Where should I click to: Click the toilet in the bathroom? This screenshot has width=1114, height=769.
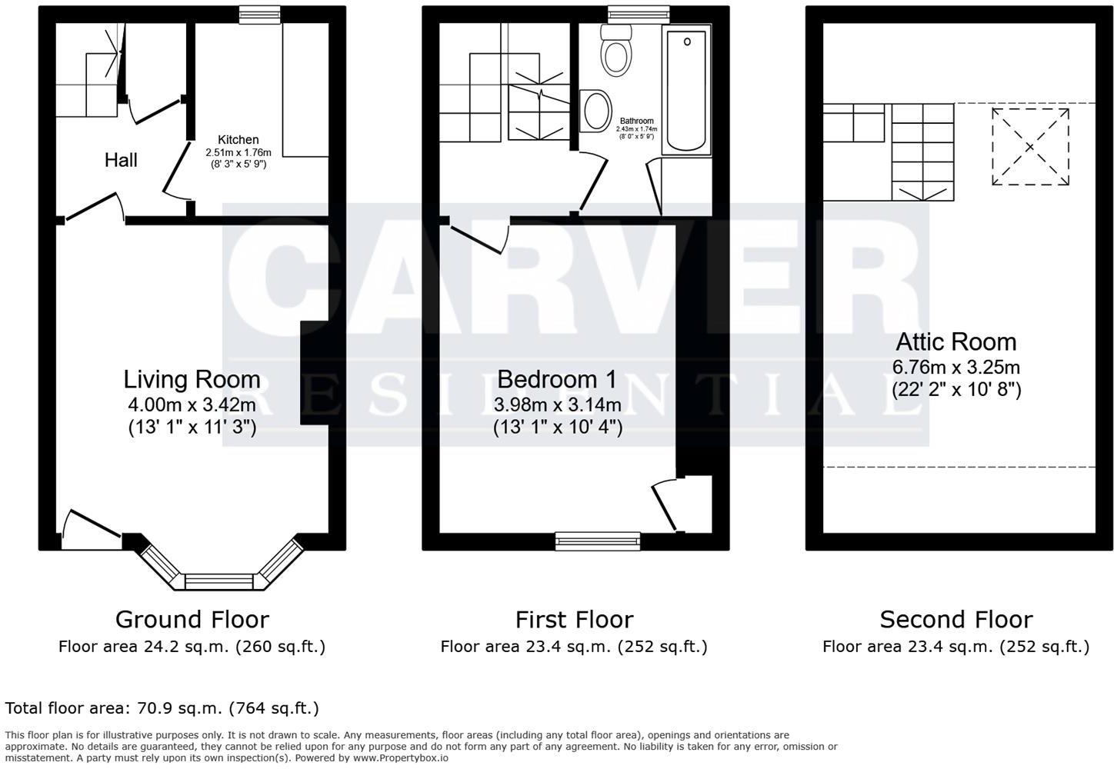(x=616, y=52)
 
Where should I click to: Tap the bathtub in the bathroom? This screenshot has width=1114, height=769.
(x=686, y=91)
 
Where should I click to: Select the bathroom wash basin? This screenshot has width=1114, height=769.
(x=597, y=111)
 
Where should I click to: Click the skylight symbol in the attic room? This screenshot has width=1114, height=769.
(x=1030, y=147)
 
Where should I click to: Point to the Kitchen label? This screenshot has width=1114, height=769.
(x=238, y=140)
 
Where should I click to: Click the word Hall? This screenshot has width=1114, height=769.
(x=121, y=160)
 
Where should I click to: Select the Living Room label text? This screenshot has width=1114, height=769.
(x=192, y=379)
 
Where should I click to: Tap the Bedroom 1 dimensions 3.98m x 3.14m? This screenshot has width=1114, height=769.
(x=557, y=404)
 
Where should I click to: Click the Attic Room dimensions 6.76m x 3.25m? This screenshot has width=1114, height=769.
(x=956, y=367)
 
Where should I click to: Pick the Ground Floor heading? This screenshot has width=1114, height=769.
(x=192, y=619)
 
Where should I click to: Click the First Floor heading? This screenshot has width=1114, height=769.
(x=574, y=619)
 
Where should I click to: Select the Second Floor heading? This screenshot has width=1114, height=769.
(x=956, y=619)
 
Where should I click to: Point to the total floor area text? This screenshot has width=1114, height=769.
(x=162, y=708)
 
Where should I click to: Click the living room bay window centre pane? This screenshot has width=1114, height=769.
(x=219, y=581)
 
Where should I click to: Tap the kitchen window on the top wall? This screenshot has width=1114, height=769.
(x=259, y=14)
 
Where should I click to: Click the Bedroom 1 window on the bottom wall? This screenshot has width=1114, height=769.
(x=598, y=542)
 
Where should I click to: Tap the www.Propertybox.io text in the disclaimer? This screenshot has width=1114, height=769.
(x=392, y=757)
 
